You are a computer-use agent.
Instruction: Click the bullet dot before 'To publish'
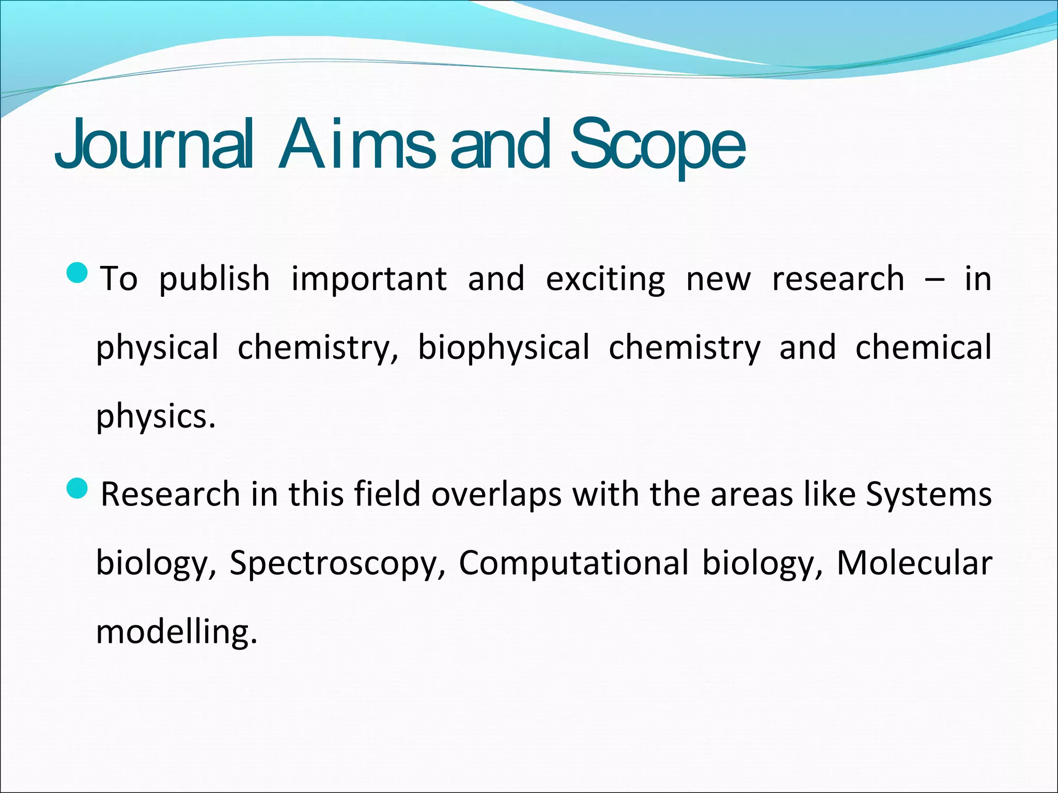[x=78, y=273]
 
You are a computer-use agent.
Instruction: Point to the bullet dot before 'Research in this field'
[x=78, y=488]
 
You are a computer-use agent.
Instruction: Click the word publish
[x=214, y=279]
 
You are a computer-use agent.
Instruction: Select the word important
[x=369, y=279]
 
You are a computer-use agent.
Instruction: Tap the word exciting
[x=605, y=279]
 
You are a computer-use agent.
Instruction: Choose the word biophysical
[x=504, y=347]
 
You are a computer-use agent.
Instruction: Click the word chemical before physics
[x=923, y=347]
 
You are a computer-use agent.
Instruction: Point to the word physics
[x=155, y=416]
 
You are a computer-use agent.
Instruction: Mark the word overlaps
[x=496, y=494]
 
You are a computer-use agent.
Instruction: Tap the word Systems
[x=928, y=494]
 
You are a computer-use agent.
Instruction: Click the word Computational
[x=573, y=563]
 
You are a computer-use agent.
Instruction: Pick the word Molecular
[x=914, y=563]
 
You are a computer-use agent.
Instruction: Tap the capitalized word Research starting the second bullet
[x=170, y=494]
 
